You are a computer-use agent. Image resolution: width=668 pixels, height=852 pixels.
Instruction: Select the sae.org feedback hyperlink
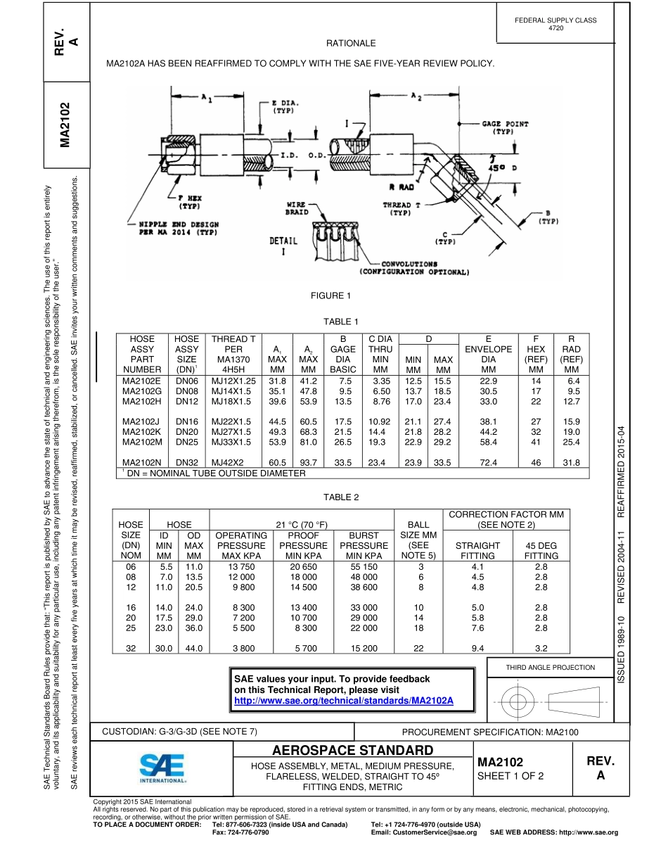tap(343, 701)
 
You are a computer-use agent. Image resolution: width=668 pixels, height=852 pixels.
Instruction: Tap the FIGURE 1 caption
tap(330, 295)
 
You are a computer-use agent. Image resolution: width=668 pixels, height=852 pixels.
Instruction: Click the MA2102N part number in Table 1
tap(143, 462)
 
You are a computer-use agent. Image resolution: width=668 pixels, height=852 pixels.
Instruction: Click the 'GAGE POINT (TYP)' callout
tap(504, 127)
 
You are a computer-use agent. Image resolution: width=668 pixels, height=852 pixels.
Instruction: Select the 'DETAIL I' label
tap(283, 245)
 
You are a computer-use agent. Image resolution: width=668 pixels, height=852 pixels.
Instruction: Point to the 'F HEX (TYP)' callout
tap(189, 203)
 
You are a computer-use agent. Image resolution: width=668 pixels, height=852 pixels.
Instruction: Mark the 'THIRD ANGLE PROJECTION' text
tap(551, 667)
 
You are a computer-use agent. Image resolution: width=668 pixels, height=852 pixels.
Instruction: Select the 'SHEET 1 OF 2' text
tap(510, 776)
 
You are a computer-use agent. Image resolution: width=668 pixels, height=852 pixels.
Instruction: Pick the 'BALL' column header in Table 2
tap(418, 524)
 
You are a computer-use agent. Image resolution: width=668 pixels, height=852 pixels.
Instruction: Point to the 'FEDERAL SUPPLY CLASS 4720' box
tap(555, 24)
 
